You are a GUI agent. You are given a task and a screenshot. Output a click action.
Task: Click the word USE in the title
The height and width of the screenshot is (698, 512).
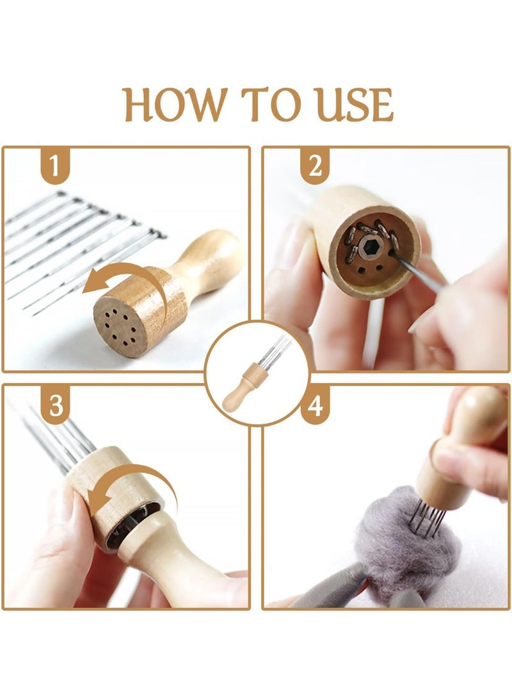coord(354,105)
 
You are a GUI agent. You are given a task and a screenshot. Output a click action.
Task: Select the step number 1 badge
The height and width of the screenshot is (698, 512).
coord(56,166)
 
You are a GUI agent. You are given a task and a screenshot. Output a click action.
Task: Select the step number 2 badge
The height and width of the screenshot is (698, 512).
coord(316,166)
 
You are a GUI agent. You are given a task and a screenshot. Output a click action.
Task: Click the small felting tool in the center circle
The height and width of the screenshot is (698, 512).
coord(254,374)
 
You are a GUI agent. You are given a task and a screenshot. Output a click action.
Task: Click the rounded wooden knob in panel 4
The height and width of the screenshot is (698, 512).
coord(480,414)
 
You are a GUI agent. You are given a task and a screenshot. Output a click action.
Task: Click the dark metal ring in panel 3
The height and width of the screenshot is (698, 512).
coord(134,525)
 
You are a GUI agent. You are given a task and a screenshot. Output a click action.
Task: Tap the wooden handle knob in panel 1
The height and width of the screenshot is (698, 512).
coord(214,257)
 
